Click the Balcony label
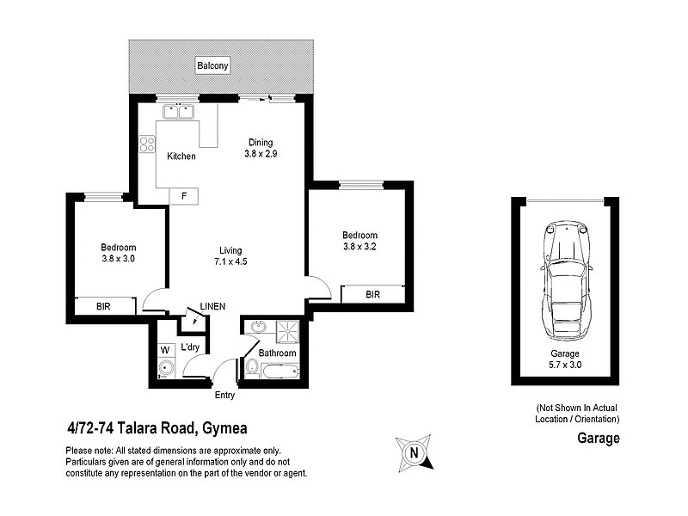coord(212,66)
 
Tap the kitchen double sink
coord(178,111)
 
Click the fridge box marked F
coord(183,196)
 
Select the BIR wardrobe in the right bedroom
coord(372,294)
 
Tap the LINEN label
coord(212,306)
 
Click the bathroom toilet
coord(252,368)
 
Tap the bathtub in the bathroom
coord(279,372)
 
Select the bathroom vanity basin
coord(257,328)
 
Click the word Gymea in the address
coord(227,428)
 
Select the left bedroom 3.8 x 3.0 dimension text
coord(119,258)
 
